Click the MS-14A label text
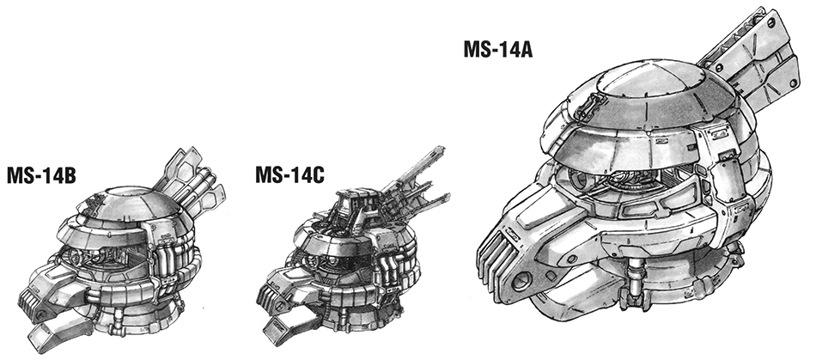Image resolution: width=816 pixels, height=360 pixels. (x=498, y=49)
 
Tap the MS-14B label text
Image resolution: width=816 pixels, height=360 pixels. (x=41, y=176)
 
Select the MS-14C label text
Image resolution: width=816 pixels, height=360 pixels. (x=289, y=175)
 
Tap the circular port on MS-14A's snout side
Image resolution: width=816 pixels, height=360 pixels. (x=520, y=284)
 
